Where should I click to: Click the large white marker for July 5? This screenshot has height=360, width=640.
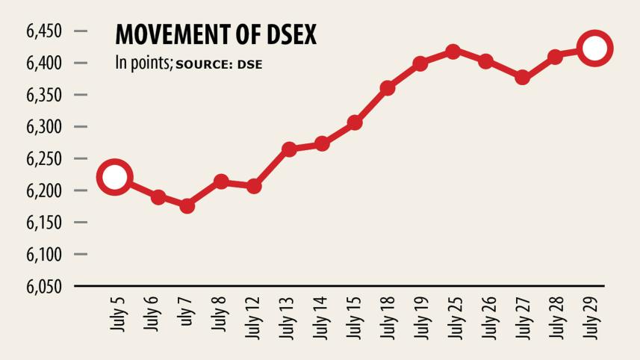(x=114, y=177)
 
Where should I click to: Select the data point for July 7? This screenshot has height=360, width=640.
(x=187, y=205)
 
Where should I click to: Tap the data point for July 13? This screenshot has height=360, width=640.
(x=290, y=149)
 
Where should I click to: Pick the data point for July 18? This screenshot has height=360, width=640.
(x=387, y=88)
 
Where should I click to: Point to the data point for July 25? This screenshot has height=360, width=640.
(x=453, y=52)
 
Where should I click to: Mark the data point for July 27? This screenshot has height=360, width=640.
(x=522, y=77)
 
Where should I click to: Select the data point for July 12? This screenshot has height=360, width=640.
(x=253, y=186)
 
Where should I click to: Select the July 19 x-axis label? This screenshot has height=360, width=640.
(x=420, y=317)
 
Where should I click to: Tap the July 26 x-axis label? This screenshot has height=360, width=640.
(x=487, y=317)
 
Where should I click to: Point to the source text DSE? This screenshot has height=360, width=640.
(x=250, y=64)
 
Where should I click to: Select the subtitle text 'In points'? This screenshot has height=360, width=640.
(x=143, y=63)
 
